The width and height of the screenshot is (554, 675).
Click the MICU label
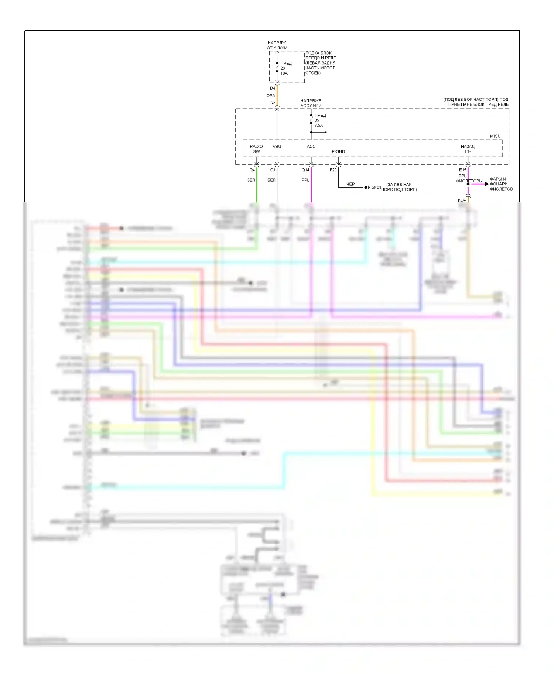tap(495, 136)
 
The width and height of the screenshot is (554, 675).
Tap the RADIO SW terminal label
tap(256, 149)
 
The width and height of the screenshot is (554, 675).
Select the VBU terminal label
tap(277, 147)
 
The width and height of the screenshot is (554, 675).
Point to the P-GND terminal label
tap(338, 151)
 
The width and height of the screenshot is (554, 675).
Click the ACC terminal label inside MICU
tap(311, 147)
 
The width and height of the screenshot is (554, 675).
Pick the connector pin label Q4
tap(252, 170)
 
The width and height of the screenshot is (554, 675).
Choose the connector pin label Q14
tap(305, 170)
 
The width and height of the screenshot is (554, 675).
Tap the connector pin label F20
tap(333, 170)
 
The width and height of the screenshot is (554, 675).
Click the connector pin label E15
tap(462, 170)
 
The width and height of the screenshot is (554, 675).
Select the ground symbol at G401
tap(366, 188)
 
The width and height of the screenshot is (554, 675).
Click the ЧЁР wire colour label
tap(350, 184)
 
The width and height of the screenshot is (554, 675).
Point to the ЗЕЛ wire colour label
tap(251, 180)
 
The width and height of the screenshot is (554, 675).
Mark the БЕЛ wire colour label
tap(271, 180)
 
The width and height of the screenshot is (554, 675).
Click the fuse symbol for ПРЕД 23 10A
tap(277, 68)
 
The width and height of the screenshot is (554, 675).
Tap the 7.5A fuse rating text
tap(319, 126)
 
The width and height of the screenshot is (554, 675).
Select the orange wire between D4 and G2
tap(277, 95)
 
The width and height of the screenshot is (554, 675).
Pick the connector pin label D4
tap(273, 89)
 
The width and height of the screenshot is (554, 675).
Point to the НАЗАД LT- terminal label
tap(468, 149)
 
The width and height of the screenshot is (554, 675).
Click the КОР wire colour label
tap(462, 200)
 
